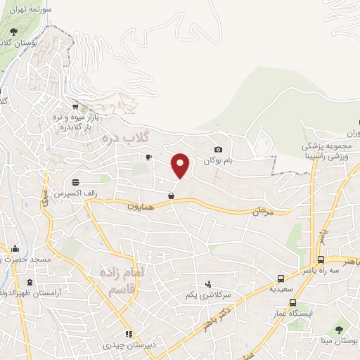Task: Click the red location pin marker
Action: pyautogui.click(x=181, y=165)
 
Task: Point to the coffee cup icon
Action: pyautogui.click(x=148, y=157)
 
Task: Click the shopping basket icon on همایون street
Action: pyautogui.click(x=171, y=196)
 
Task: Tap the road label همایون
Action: pyautogui.click(x=139, y=207)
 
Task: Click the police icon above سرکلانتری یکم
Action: pyautogui.click(x=207, y=284)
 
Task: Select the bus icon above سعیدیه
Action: pyautogui.click(x=281, y=278)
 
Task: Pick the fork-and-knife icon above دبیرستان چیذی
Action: pyautogui.click(x=128, y=334)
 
